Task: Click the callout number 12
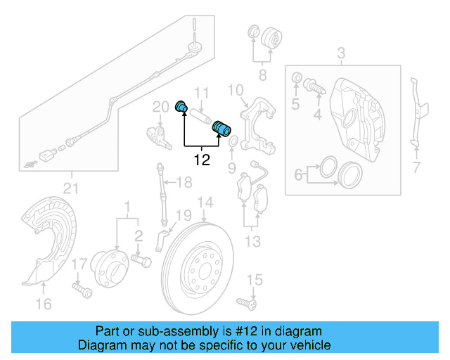click(201, 160)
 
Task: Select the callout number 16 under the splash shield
click(44, 304)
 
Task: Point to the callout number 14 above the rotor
click(204, 204)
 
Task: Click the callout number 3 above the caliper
click(341, 53)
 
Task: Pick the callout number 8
click(262, 74)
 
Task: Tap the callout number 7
click(415, 167)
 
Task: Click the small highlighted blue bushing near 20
click(181, 107)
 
